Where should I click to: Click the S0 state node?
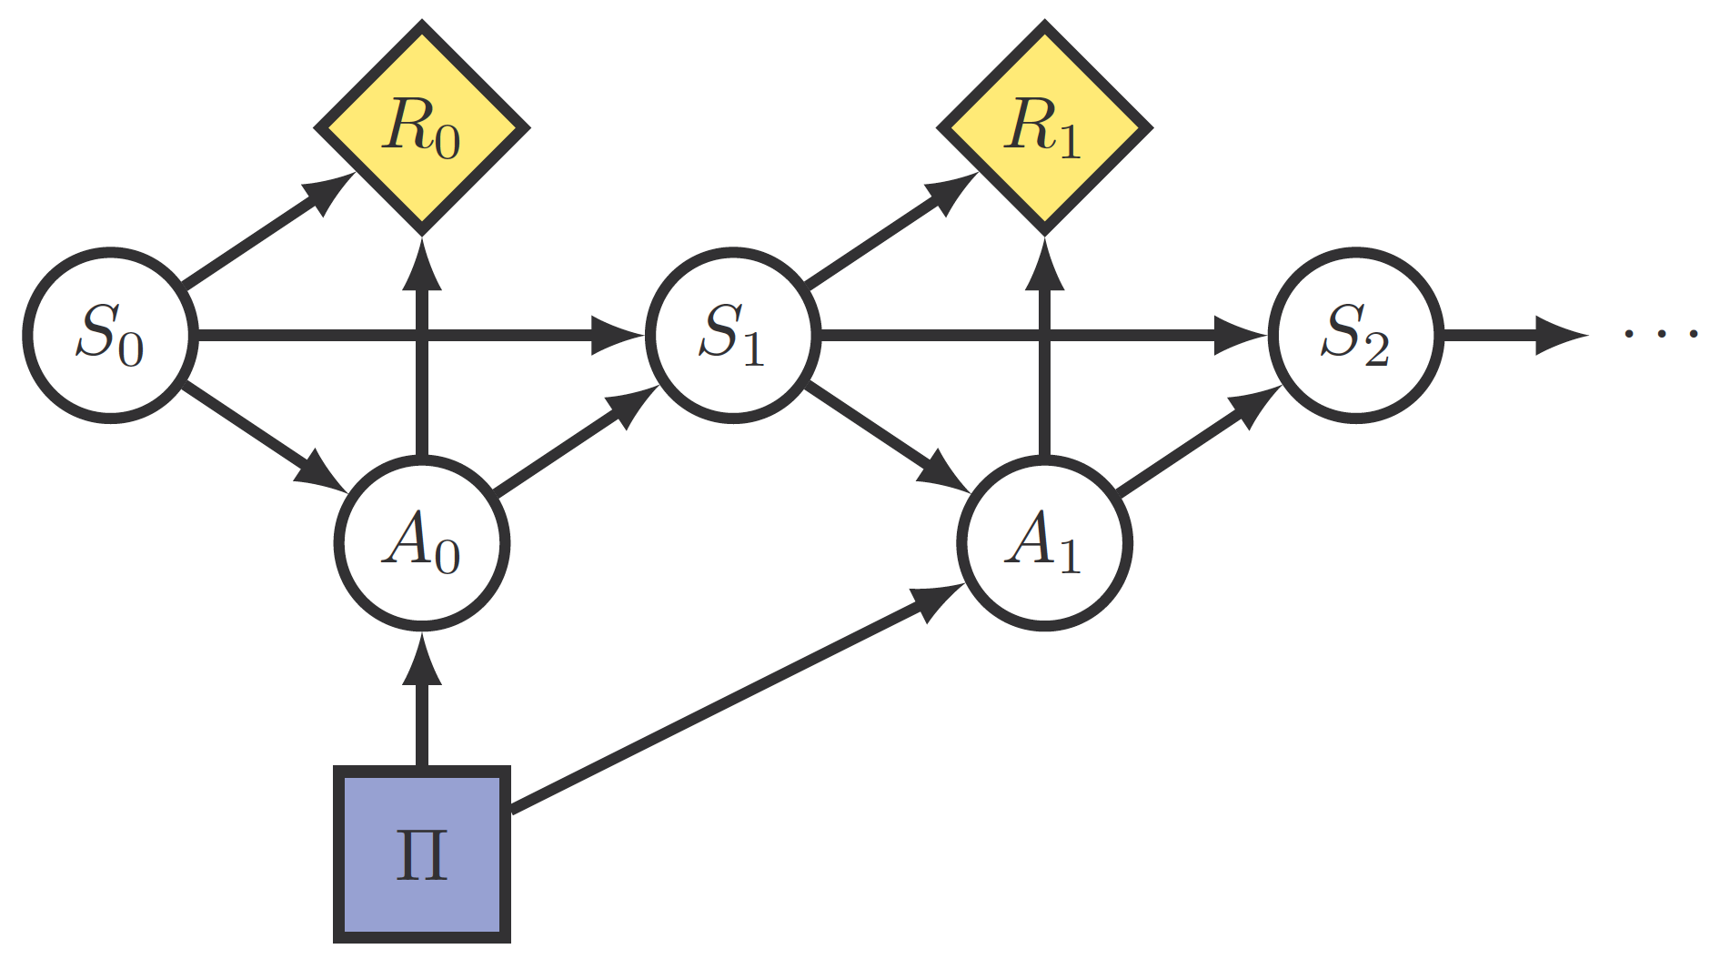pos(110,335)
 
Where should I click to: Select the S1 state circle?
pos(732,335)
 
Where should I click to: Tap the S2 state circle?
pos(1355,335)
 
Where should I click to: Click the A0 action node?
pos(422,543)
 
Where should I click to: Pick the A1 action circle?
pos(1045,543)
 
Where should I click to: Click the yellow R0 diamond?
pos(422,127)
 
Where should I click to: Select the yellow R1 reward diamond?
pos(1045,127)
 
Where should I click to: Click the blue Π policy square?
pos(422,853)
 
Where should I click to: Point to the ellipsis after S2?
pos(1661,335)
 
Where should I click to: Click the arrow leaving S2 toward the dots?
pos(1510,335)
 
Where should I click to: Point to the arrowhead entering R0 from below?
pos(422,264)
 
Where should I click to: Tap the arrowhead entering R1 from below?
pos(1045,264)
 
